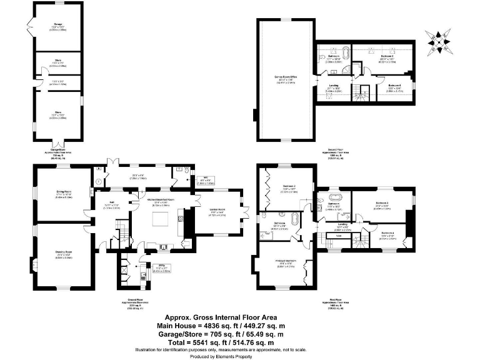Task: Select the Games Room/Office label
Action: tap(284, 79)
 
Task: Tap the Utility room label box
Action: tap(144, 269)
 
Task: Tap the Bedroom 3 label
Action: tap(382, 205)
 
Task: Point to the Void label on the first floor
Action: tap(338, 236)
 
